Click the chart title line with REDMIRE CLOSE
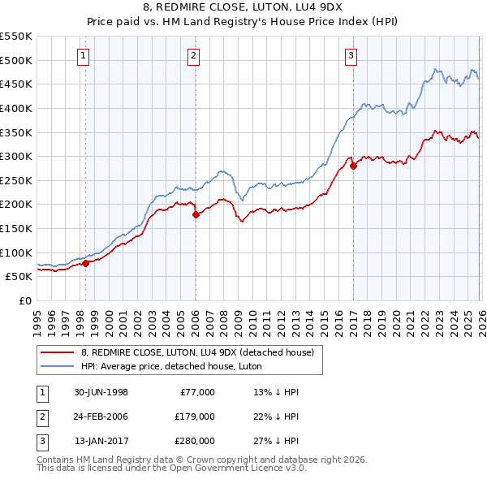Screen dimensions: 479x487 (243, 8)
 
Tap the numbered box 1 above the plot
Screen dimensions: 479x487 (84, 56)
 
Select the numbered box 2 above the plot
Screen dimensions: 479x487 (194, 56)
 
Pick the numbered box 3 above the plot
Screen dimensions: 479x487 (351, 56)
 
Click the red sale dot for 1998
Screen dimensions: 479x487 (86, 263)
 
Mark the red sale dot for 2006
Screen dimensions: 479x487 (196, 214)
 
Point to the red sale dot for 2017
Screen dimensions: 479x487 (352, 166)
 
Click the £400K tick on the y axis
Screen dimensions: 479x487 (16, 108)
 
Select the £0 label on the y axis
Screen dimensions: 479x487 (24, 300)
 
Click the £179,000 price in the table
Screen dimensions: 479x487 (193, 416)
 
